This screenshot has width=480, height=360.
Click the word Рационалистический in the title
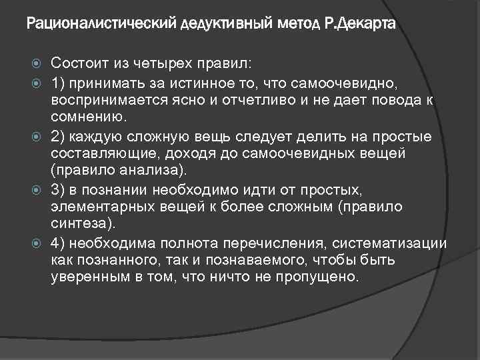(x=101, y=25)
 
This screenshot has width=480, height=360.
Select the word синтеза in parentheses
(x=80, y=223)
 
